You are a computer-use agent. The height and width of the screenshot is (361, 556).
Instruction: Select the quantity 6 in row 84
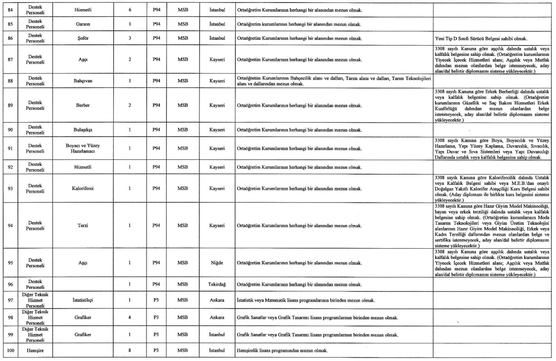128,9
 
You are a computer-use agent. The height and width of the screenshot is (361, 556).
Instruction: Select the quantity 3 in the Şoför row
128,38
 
